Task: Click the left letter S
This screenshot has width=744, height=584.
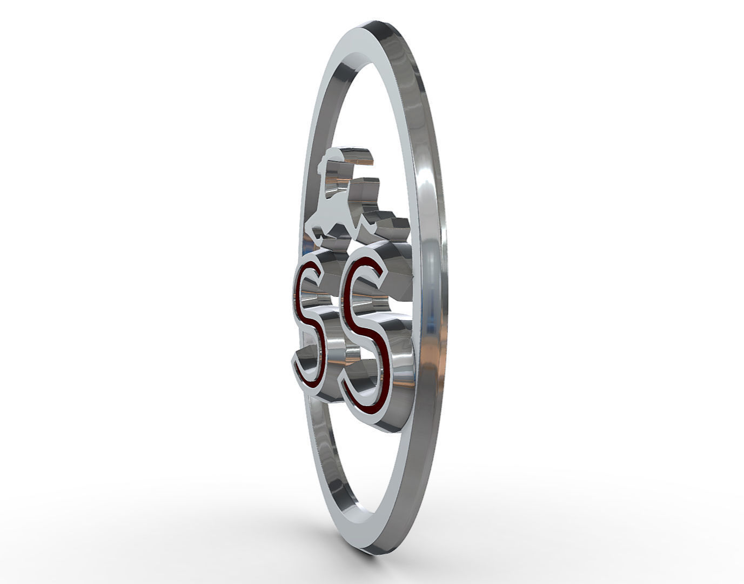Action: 309,324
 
